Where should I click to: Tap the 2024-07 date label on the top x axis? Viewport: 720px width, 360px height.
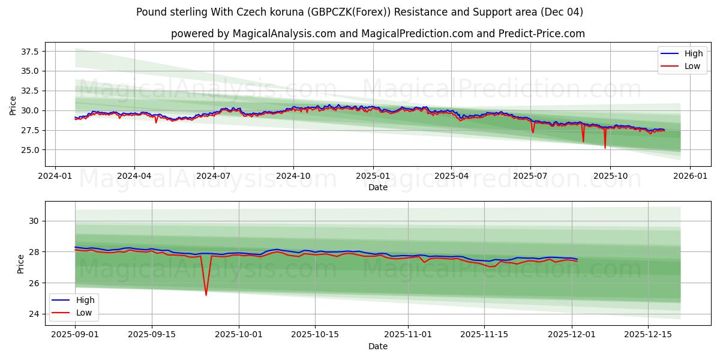pyautogui.click(x=214, y=176)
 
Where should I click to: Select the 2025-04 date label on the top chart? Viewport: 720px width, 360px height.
pyautogui.click(x=451, y=176)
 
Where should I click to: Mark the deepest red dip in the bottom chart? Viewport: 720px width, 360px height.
pyautogui.click(x=206, y=295)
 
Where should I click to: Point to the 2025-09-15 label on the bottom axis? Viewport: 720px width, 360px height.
pyautogui.click(x=152, y=335)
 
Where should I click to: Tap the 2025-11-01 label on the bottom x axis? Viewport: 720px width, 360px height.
pyautogui.click(x=408, y=335)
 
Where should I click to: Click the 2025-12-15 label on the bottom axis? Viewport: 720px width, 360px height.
pyautogui.click(x=647, y=335)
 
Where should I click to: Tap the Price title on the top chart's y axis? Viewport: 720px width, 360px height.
pyautogui.click(x=13, y=106)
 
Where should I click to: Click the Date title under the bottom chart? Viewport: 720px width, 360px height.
pyautogui.click(x=377, y=346)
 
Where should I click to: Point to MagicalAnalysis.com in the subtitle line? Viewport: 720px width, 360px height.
pyautogui.click(x=286, y=34)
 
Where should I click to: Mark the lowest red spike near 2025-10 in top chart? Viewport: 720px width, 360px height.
pyautogui.click(x=605, y=147)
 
